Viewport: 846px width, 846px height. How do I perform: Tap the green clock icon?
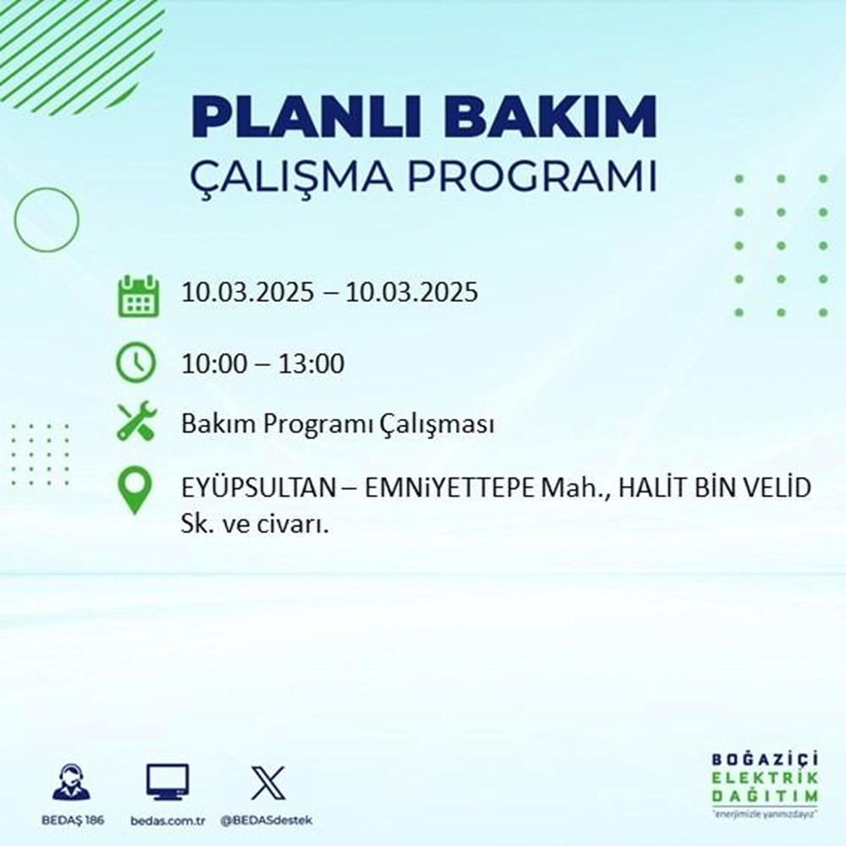click(136, 364)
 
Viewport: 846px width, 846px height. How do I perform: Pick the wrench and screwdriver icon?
click(136, 423)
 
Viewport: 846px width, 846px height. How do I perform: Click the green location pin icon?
click(136, 492)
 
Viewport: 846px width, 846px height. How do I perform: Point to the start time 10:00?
click(215, 365)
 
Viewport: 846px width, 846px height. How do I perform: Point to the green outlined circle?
click(46, 219)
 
